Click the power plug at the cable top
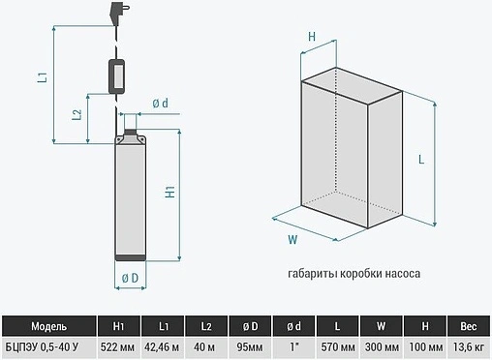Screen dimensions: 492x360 pos(118,14)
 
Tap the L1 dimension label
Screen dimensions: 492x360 pos(43,77)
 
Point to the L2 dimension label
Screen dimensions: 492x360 pos(77,115)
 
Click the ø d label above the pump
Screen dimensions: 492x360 pos(161,104)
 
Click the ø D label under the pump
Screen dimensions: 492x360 pos(130,278)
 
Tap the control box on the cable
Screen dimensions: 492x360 pos(116,76)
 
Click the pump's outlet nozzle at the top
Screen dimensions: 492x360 pos(131,124)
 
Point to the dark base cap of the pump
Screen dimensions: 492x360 pos(131,257)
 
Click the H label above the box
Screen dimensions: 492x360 pos(312,37)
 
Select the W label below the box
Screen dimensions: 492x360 pos(292,240)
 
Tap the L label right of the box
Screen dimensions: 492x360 pos(421,160)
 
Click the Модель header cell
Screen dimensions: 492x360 pos(49,326)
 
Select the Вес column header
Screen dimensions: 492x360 pos(469,326)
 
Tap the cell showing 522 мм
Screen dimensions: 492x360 pos(117,347)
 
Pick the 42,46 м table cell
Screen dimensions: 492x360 pos(162,347)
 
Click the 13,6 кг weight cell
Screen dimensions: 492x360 pos(469,347)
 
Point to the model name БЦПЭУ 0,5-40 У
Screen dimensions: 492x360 pos(42,347)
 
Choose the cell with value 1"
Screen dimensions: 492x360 pos(293,347)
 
